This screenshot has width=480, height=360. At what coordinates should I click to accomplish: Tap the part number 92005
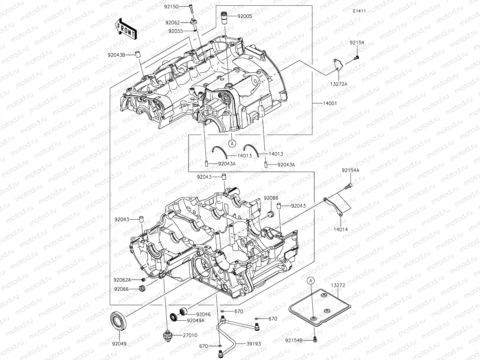[x=245, y=16]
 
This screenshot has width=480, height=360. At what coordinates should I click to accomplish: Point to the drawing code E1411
[x=359, y=11]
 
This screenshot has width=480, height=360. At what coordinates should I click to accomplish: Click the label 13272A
[x=338, y=83]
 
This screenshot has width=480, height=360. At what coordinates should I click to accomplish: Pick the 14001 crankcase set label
[x=330, y=103]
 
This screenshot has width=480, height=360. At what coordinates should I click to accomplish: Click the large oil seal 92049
[x=118, y=321]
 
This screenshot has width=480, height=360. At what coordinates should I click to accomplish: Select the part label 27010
[x=190, y=335]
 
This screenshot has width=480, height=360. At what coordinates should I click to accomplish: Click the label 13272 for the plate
[x=338, y=285]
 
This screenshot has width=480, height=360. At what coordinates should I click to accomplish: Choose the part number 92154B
[x=293, y=340]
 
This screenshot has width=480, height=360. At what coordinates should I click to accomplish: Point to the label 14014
[x=340, y=229]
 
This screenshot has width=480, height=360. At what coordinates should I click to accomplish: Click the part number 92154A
[x=350, y=170]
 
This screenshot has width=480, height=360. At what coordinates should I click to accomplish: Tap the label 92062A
[x=122, y=280]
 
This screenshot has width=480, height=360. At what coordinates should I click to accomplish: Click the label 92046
[x=203, y=314]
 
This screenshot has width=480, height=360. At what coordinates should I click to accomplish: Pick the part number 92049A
[x=196, y=320]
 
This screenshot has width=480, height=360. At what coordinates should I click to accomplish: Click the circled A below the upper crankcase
[x=232, y=144]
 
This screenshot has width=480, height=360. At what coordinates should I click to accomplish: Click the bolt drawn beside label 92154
[x=357, y=58]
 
